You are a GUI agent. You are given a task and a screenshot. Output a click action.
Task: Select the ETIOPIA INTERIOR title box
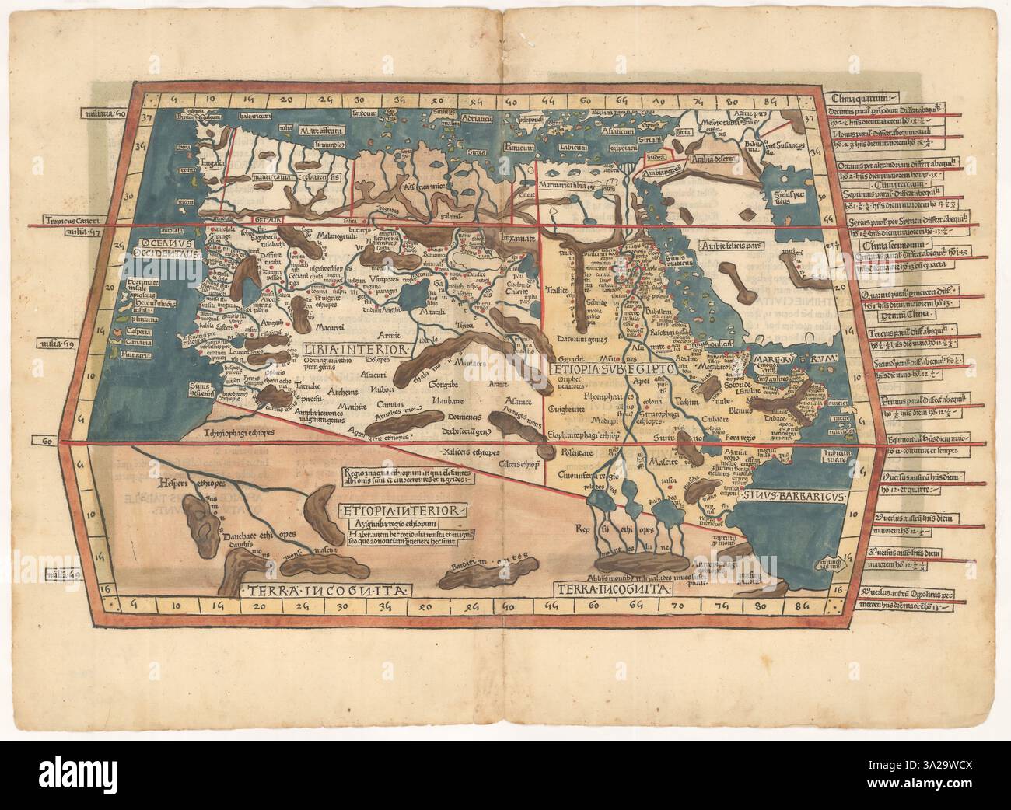[403, 510]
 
